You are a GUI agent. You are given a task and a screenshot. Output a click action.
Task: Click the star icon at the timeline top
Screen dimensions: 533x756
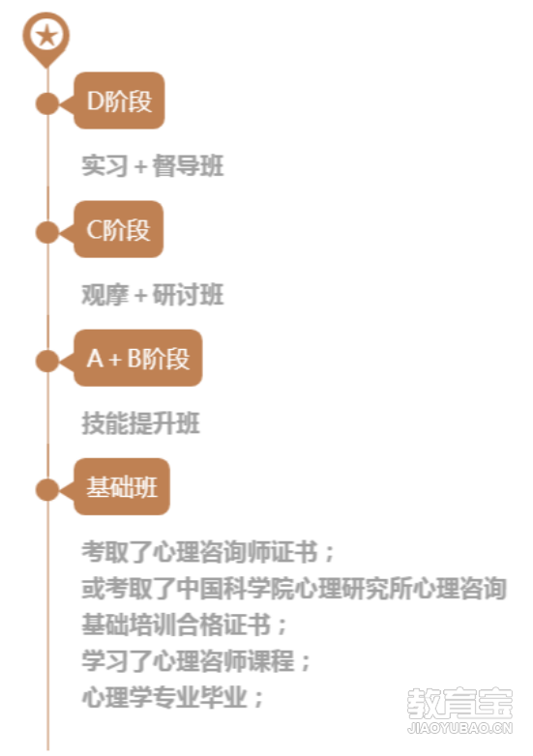pyautogui.click(x=46, y=36)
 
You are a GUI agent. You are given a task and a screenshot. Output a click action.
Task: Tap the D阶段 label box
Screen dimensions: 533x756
pyautogui.click(x=119, y=101)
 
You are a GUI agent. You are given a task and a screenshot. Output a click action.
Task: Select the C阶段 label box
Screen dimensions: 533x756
pyautogui.click(x=119, y=229)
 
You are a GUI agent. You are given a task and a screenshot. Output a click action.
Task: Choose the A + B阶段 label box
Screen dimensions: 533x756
pyautogui.click(x=138, y=359)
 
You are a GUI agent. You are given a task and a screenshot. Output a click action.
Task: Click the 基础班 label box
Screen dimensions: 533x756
pyautogui.click(x=122, y=487)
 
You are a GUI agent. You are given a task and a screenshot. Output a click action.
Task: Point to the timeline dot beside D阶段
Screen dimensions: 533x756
pyautogui.click(x=47, y=103)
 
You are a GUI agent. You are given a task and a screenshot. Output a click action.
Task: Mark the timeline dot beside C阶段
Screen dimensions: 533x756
pyautogui.click(x=47, y=232)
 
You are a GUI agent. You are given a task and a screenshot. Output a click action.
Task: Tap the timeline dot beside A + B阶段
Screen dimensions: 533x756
pyautogui.click(x=47, y=361)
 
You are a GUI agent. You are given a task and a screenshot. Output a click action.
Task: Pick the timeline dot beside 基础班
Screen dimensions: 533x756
pyautogui.click(x=47, y=489)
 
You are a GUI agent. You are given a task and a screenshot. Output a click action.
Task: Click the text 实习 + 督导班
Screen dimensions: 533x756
pyautogui.click(x=153, y=166)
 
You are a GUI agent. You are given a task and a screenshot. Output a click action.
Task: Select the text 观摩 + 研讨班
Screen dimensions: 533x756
pyautogui.click(x=153, y=295)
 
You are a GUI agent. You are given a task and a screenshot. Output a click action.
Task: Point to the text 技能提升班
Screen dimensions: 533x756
pyautogui.click(x=140, y=423)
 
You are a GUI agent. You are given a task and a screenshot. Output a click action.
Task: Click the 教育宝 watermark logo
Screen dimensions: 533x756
pyautogui.click(x=459, y=703)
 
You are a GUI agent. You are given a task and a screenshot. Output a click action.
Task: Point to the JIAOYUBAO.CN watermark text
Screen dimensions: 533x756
pyautogui.click(x=459, y=728)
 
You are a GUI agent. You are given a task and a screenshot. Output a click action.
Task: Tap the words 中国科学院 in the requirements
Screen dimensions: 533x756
pyautogui.click(x=235, y=588)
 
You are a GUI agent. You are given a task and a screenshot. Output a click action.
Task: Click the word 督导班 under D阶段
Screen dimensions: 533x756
pyautogui.click(x=188, y=166)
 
